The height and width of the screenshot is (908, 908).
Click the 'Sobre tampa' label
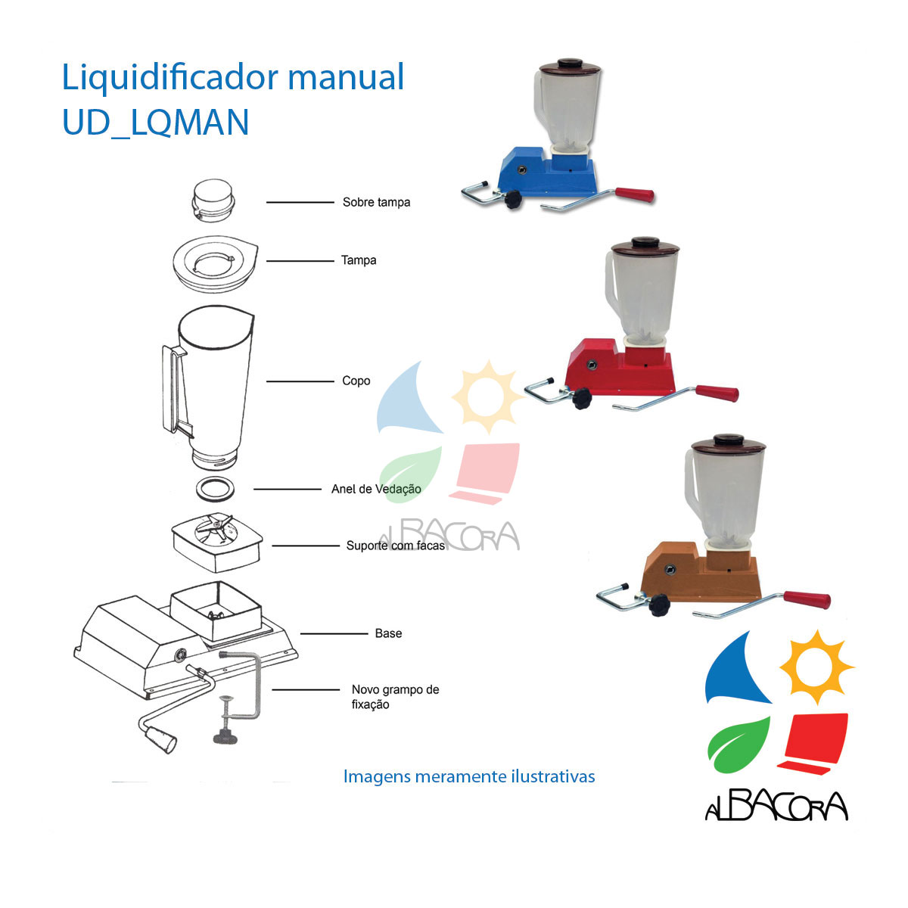(376, 203)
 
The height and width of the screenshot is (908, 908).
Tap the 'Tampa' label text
(359, 260)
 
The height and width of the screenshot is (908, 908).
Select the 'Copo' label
(356, 381)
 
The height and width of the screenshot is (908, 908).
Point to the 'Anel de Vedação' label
(376, 489)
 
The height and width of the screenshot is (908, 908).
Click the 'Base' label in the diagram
(388, 633)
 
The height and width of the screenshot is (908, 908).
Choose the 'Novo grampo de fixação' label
(395, 697)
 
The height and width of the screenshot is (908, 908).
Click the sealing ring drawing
(216, 489)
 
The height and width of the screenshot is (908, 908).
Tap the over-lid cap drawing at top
(212, 201)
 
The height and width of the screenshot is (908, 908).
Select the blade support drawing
(216, 539)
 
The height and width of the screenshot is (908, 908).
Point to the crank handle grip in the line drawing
(160, 739)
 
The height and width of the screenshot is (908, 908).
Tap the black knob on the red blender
(581, 398)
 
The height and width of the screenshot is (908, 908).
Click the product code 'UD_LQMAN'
(155, 123)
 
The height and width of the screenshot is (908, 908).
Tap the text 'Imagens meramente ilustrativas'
(469, 776)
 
